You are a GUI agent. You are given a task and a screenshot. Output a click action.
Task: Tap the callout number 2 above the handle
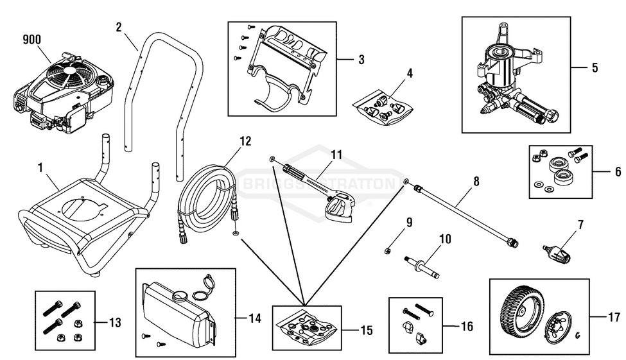pyautogui.click(x=119, y=27)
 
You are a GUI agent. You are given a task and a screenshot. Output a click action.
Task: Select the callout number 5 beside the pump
pyautogui.click(x=594, y=67)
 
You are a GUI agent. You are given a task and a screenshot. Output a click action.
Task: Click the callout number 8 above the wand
pyautogui.click(x=476, y=182)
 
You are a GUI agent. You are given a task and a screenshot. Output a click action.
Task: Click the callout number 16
pyautogui.click(x=467, y=327)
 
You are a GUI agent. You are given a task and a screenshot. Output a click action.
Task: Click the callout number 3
pyautogui.click(x=361, y=60)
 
